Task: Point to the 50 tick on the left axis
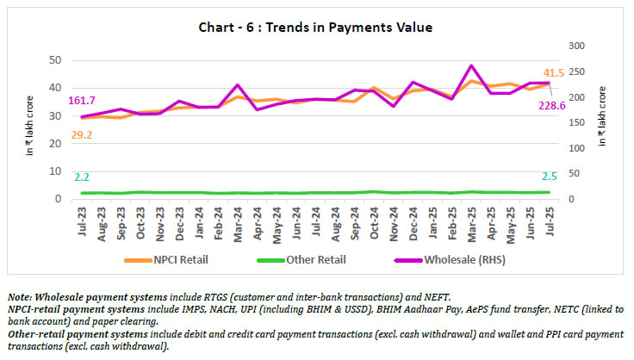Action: pyautogui.click(x=53, y=60)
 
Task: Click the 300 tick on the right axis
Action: pyautogui.click(x=574, y=45)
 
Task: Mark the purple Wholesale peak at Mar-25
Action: pyautogui.click(x=471, y=65)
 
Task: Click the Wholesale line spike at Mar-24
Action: pyautogui.click(x=238, y=85)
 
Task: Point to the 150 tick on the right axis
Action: pyautogui.click(x=574, y=122)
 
